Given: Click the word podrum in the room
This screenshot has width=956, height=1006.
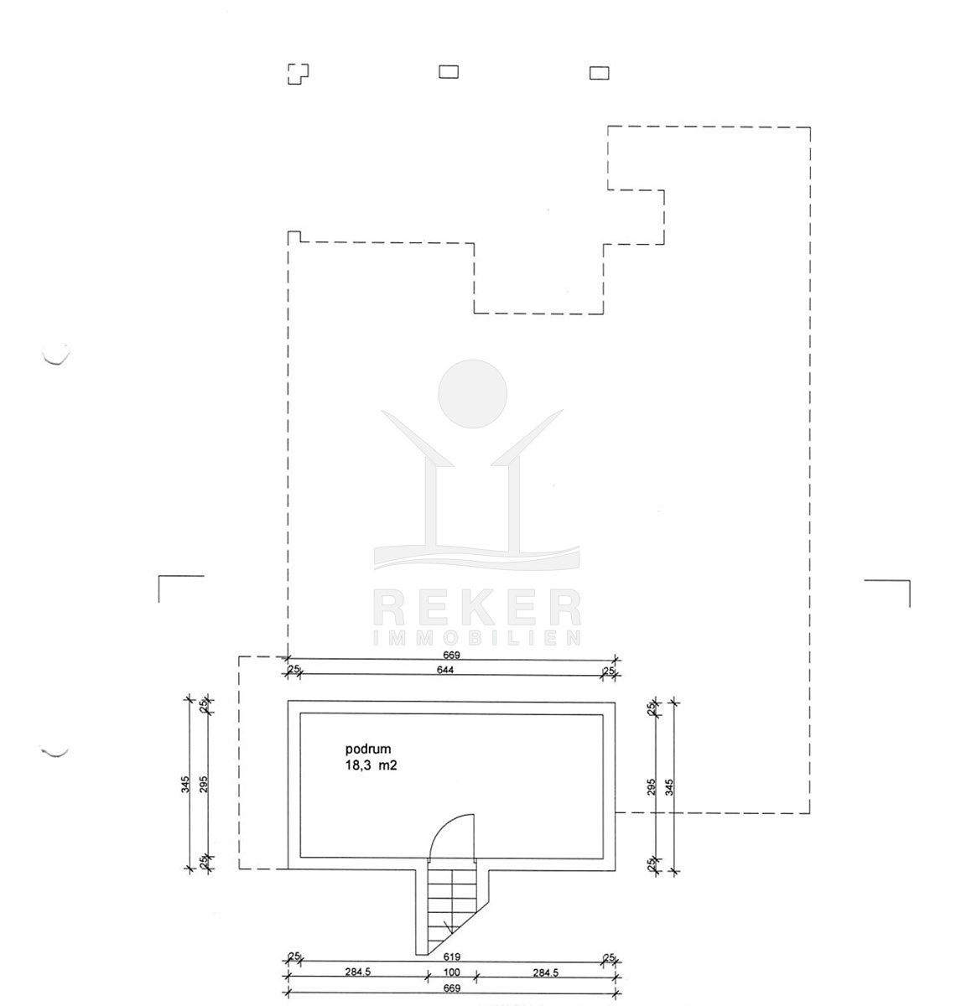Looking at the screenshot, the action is pos(367,749).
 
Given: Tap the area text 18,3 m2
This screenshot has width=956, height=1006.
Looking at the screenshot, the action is pos(371,765).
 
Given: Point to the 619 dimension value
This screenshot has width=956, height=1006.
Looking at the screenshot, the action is pos(452,957).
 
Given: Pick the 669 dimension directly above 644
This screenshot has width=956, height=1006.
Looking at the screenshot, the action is pos(452,655).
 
